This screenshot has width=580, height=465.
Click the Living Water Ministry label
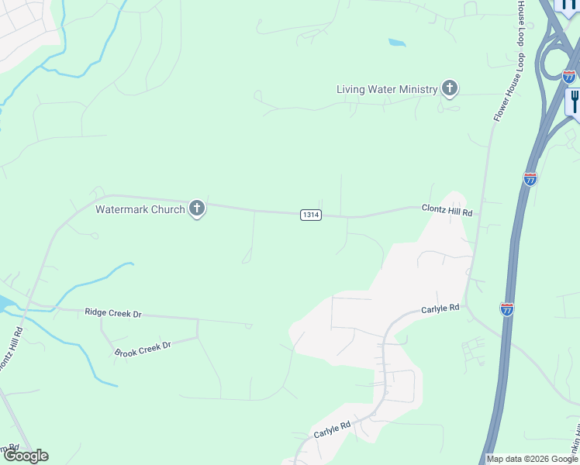point(387,89)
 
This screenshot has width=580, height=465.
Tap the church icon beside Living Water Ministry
point(449,88)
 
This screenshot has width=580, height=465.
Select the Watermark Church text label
point(140,209)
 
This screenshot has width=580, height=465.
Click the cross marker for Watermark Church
point(197,208)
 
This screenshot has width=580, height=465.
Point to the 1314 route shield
point(310,215)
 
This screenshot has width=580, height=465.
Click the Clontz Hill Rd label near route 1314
point(447,209)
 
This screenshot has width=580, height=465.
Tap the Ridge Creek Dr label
point(113,313)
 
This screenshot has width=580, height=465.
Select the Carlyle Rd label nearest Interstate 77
point(440,308)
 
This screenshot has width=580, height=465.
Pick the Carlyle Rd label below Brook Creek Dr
point(333,429)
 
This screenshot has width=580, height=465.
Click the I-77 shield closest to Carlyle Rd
point(507,308)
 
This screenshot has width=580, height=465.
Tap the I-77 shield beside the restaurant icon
point(569,77)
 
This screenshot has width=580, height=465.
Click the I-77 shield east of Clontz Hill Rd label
point(530,179)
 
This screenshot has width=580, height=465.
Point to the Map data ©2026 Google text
point(532,459)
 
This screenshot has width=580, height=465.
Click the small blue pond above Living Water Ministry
point(396,43)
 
